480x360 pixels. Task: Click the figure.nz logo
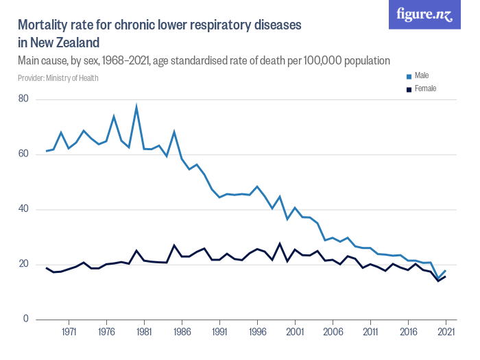coord(424,15)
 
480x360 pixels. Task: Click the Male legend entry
coord(422,75)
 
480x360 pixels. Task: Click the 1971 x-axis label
coord(69,332)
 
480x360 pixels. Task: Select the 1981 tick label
coord(144,332)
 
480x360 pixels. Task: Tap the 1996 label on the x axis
coord(257,332)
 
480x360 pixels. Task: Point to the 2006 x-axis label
coord(333,332)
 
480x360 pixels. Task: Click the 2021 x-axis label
coord(446,332)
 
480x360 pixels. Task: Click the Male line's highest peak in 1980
coord(136,106)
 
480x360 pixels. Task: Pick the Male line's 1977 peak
coord(114,116)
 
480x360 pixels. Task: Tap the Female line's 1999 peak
coord(280,243)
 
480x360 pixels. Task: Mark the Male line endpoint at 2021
coord(446,271)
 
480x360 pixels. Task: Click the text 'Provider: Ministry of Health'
coord(58,78)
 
